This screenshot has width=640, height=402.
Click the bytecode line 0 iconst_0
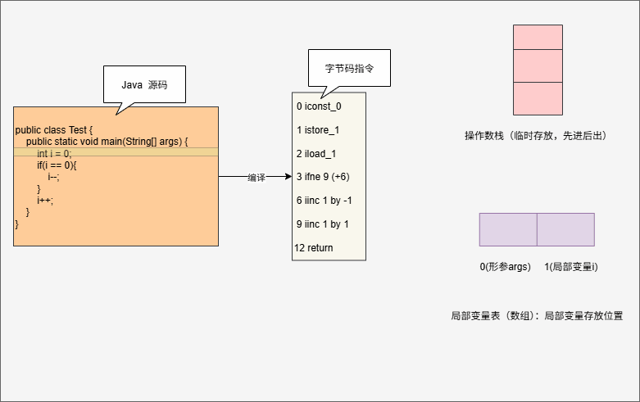click(x=319, y=106)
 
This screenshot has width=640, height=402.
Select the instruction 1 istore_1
click(x=318, y=130)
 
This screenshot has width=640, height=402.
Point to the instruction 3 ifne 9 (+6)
click(x=324, y=177)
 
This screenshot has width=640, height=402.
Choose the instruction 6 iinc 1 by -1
click(x=325, y=201)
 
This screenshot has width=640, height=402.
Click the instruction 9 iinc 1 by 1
click(x=323, y=224)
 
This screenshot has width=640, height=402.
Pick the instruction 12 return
click(x=314, y=248)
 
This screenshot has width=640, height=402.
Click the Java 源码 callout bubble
click(x=144, y=84)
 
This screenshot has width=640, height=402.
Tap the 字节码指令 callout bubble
click(x=349, y=68)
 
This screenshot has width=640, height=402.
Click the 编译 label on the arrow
click(x=256, y=178)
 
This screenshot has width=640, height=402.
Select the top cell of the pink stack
click(x=538, y=37)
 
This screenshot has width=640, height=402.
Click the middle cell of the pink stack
click(x=538, y=65)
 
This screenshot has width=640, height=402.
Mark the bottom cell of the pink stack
click(x=538, y=97)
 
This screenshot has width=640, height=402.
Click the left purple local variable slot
click(x=508, y=229)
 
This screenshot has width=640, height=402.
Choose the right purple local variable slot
click(x=565, y=229)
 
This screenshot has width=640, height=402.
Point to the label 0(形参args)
click(x=505, y=267)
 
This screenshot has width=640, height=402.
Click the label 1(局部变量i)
click(x=570, y=267)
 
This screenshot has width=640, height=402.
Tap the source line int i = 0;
click(x=54, y=153)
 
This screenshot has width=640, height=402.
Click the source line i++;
click(x=45, y=200)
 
